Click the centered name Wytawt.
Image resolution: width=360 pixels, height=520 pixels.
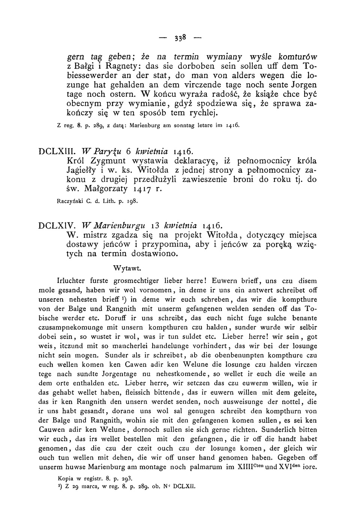click(x=127, y=268)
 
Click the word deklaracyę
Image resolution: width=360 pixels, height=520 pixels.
click(x=196, y=161)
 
